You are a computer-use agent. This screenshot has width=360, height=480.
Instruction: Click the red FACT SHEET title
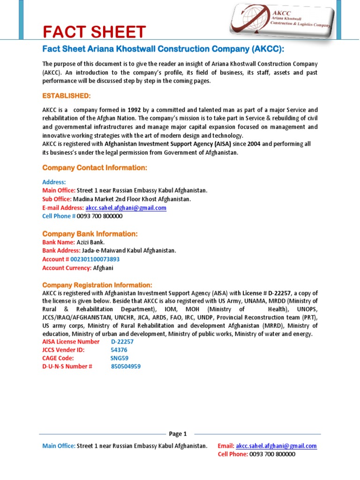(94, 32)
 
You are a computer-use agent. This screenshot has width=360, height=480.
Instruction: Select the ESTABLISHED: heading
(67, 96)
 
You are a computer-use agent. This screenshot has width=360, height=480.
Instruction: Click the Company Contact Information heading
(95, 167)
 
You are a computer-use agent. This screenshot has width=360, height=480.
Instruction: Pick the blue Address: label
(54, 182)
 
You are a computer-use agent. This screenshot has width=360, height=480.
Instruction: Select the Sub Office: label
(57, 199)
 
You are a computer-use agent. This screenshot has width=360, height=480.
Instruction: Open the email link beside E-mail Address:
(126, 208)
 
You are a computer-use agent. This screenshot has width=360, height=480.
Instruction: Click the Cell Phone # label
(59, 216)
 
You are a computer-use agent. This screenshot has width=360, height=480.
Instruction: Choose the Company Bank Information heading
(90, 233)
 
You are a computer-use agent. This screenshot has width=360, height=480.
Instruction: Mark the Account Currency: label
(67, 268)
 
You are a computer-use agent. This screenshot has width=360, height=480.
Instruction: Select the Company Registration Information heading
(97, 285)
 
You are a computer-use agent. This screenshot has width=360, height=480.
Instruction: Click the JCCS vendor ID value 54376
(119, 350)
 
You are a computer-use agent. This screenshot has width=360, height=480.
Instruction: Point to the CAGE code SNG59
(119, 358)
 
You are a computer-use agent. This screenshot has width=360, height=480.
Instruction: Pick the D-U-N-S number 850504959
(126, 367)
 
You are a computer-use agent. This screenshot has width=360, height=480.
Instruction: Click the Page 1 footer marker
(178, 434)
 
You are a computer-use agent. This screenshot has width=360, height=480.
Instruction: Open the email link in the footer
(276, 446)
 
